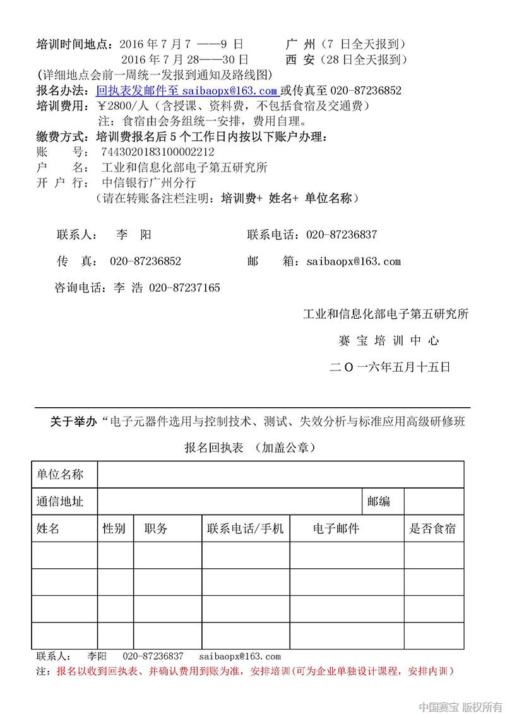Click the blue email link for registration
coord(187,90)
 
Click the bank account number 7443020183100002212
coord(158,152)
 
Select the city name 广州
coord(300,44)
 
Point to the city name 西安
coord(300,60)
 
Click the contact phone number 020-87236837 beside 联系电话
coord(342,235)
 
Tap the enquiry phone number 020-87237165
coord(184,288)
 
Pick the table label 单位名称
coord(60,474)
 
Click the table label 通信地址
coord(60,502)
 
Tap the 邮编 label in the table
coord(379,502)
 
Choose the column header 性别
coord(114,529)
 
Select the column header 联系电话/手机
coord(246,529)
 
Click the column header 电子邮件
coord(336,529)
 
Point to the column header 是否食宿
coord(433,529)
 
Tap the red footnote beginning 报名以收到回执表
coord(255,671)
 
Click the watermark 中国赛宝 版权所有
coord(460,706)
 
